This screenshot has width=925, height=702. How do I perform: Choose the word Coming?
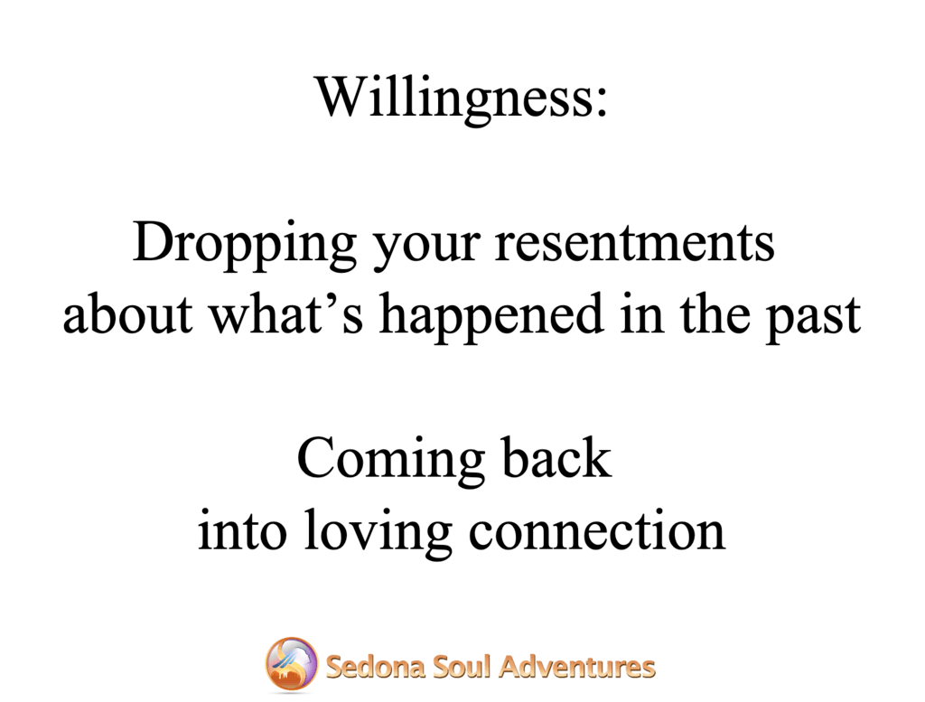(x=390, y=460)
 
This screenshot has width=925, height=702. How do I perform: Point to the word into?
(x=242, y=530)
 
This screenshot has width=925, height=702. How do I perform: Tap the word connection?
(x=596, y=530)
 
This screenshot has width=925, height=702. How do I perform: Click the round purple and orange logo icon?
(x=292, y=665)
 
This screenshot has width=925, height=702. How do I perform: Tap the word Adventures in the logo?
(x=577, y=668)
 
